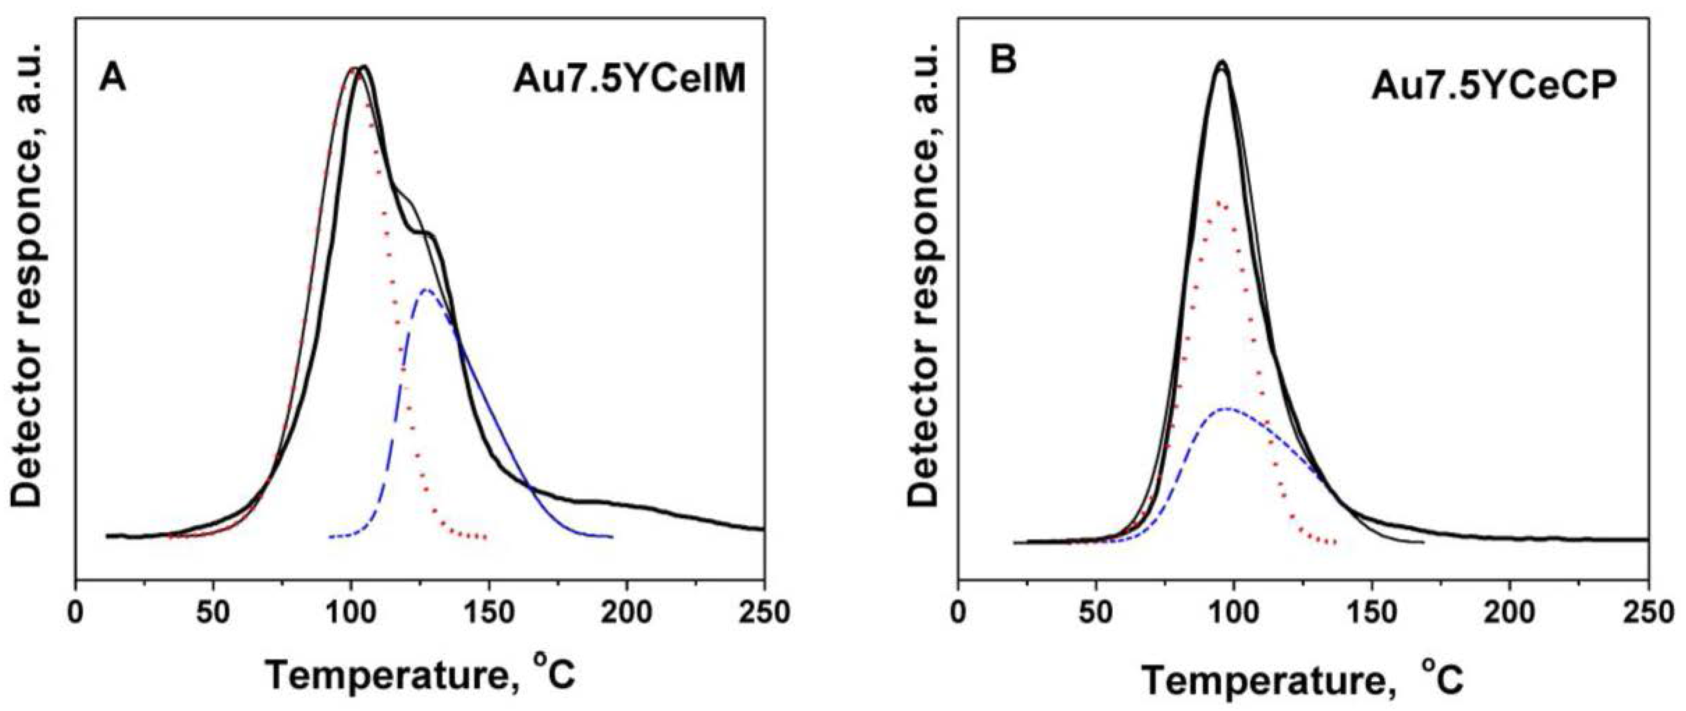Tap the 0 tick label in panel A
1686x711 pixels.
coord(76,613)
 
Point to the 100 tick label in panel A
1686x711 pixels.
coord(351,613)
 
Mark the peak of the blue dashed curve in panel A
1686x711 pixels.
coord(427,289)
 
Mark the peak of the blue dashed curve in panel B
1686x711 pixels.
coord(1228,409)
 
